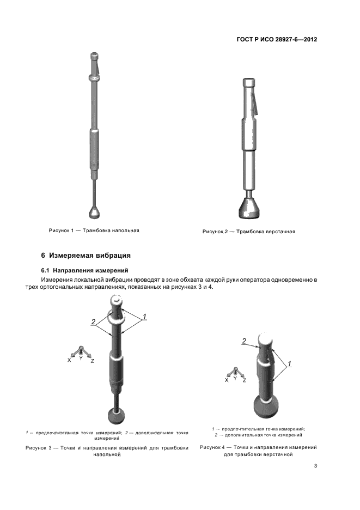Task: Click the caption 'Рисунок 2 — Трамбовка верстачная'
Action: pyautogui.click(x=249, y=232)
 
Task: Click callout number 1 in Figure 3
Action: pyautogui.click(x=144, y=317)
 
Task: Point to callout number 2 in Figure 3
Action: pyautogui.click(x=93, y=322)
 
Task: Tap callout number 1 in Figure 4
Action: pyautogui.click(x=290, y=363)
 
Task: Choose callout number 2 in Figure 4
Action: pyautogui.click(x=244, y=341)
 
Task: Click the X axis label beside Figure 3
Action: pyautogui.click(x=69, y=360)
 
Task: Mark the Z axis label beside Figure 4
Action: pyautogui.click(x=244, y=380)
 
